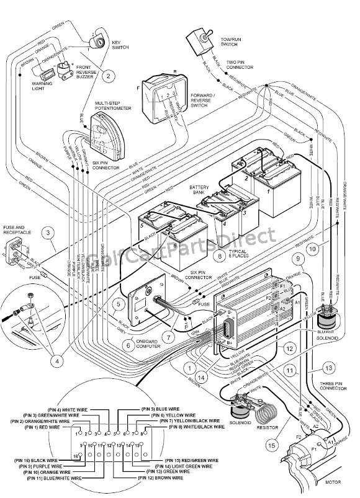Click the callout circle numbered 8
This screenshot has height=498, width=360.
pos(218,254)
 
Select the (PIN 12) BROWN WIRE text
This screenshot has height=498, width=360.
pos(158,478)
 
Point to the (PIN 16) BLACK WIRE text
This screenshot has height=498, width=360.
pos(34,461)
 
